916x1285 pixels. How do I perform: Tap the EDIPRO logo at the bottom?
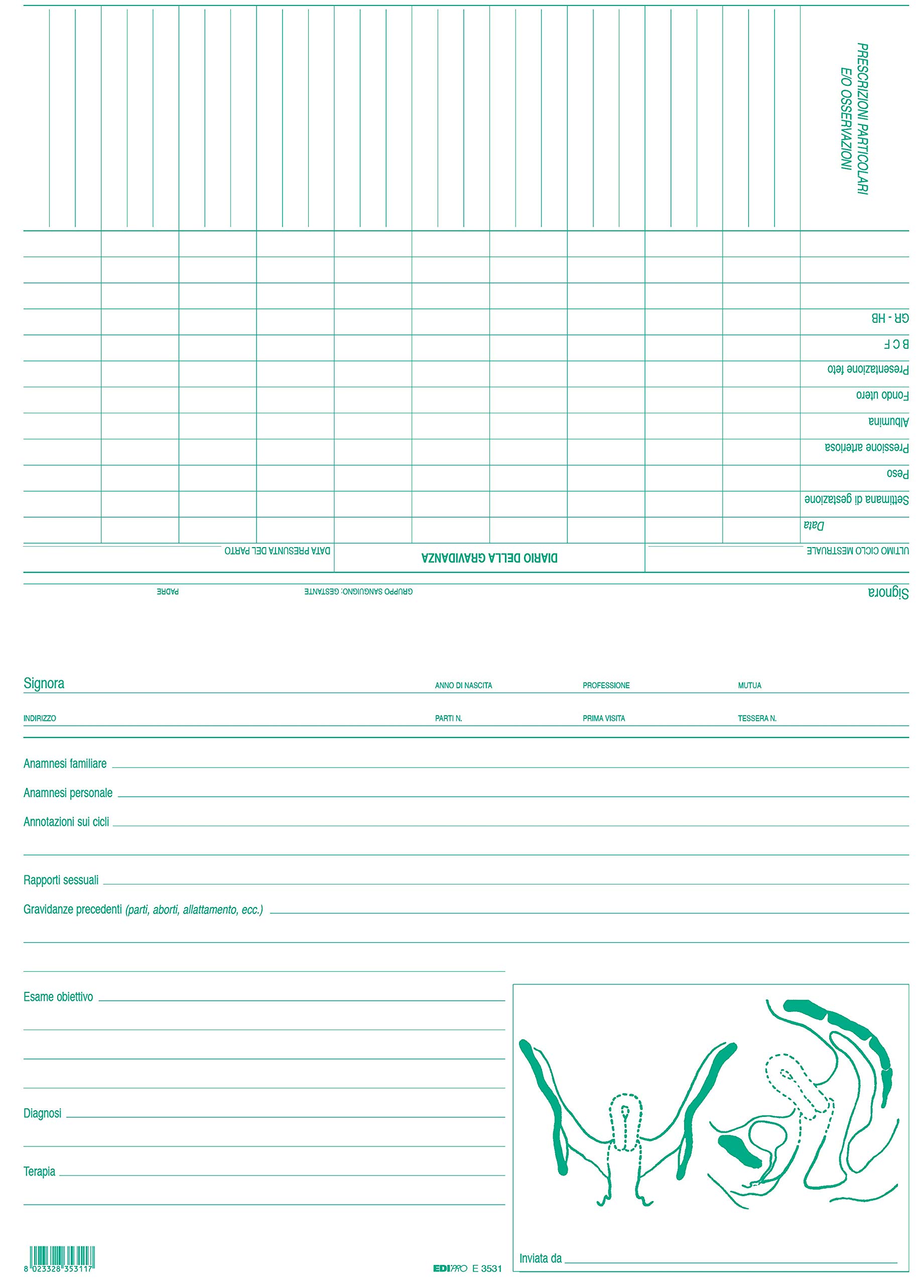click(x=450, y=1268)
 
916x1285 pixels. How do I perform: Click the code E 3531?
click(x=487, y=1268)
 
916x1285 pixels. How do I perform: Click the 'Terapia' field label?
click(x=40, y=1172)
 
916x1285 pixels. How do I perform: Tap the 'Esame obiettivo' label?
click(x=58, y=997)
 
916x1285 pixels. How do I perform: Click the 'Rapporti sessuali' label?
click(x=61, y=880)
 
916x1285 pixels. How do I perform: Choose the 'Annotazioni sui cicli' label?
click(x=66, y=822)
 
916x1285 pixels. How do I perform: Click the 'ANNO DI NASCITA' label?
click(x=463, y=685)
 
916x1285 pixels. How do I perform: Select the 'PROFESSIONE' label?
click(x=606, y=685)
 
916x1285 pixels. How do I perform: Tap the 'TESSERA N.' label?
click(x=757, y=718)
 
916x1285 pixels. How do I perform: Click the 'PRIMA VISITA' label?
click(x=603, y=718)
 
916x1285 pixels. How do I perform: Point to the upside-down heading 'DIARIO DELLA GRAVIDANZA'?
click(x=489, y=558)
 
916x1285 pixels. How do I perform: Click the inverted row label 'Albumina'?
click(x=888, y=421)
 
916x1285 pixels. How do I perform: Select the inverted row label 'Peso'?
click(x=897, y=473)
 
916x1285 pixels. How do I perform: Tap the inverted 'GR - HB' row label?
click(x=890, y=318)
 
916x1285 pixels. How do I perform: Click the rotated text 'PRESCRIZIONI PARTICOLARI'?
click(x=862, y=119)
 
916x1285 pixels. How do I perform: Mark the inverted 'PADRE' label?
click(x=168, y=592)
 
